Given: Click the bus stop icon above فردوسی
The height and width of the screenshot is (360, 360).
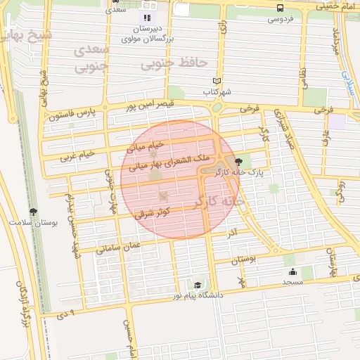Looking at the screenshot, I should (x=281, y=8).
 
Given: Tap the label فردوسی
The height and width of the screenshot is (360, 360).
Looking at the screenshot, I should (x=281, y=19).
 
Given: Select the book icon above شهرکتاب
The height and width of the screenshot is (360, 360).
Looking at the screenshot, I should (x=217, y=81).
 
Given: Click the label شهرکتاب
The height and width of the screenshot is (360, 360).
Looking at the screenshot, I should (x=217, y=91).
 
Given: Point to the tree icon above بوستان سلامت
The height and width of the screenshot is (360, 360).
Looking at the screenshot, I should (x=32, y=212).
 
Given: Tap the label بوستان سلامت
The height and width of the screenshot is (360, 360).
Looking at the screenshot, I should (x=32, y=222).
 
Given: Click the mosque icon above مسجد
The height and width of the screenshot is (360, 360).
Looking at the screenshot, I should (x=292, y=271).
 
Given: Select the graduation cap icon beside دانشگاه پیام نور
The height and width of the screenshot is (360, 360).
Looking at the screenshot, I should (x=198, y=285).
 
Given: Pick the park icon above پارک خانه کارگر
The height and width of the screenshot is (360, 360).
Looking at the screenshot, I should (x=239, y=161).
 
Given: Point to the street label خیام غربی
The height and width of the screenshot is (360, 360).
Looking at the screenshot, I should (x=77, y=154).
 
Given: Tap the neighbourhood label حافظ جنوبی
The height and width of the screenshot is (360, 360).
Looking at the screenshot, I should (x=174, y=64).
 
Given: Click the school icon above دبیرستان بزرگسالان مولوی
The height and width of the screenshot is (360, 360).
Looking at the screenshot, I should (x=147, y=18).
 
